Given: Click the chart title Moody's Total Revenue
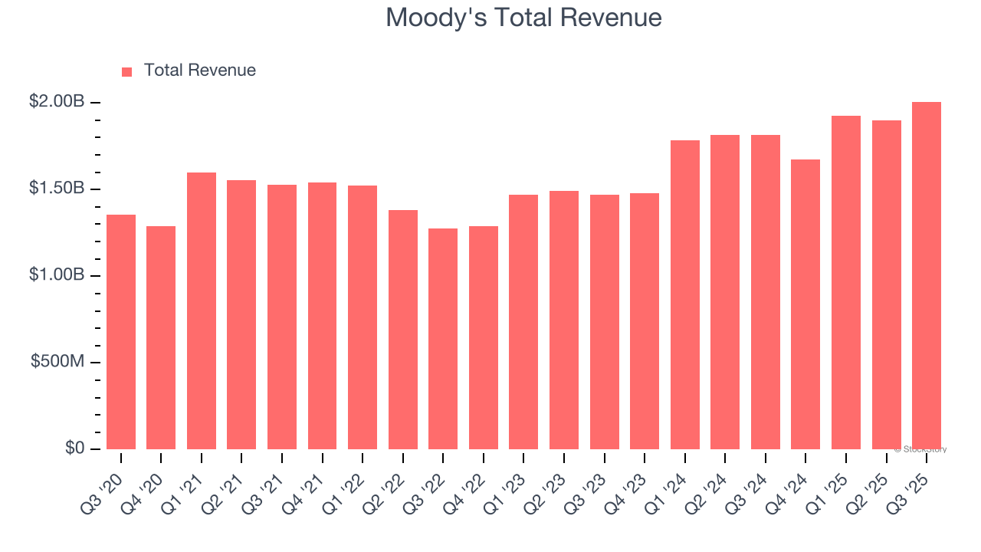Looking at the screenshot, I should coord(523,17).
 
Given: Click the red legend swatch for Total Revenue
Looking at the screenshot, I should coord(127,71).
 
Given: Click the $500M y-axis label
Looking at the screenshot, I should coord(57,361).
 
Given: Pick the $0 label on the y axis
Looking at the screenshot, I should coord(74,448).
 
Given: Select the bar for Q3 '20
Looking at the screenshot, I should coord(121,332).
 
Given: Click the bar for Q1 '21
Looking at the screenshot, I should coord(202,310).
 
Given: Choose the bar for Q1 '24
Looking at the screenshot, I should coord(685,294).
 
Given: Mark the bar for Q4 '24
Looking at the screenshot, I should coord(805,304).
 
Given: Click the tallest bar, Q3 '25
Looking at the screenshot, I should coord(927,276).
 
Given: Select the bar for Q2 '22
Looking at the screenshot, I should coord(403,330).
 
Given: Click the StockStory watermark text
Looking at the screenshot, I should coord(920,449).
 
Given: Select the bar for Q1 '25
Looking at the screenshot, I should coord(846,282).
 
